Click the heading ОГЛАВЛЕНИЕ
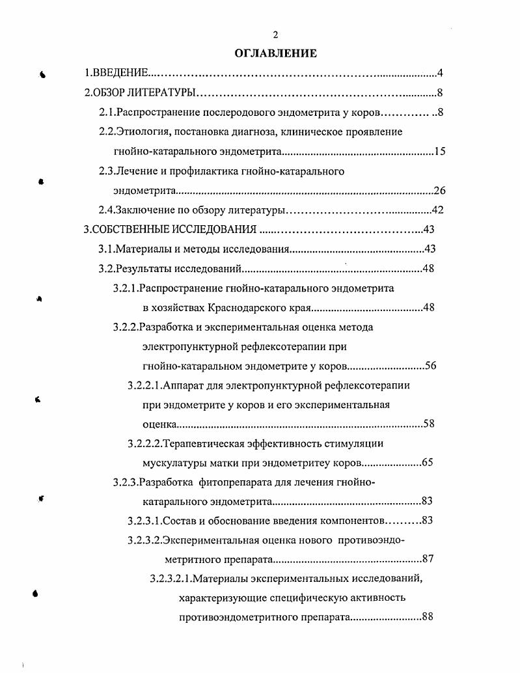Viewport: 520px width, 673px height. click(275, 53)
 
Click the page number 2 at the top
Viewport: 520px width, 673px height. click(275, 34)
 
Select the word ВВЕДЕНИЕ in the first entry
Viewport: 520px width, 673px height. click(121, 73)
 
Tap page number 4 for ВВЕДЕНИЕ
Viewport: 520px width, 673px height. click(440, 73)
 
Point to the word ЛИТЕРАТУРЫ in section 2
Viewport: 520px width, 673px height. click(162, 92)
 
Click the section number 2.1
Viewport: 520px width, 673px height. click(106, 112)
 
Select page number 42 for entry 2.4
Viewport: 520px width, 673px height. click(437, 210)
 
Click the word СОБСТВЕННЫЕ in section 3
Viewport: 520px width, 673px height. click(130, 229)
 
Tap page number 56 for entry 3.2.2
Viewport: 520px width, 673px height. click(430, 365)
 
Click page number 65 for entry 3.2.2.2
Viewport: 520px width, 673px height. click(427, 463)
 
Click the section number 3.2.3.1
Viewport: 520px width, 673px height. click(143, 520)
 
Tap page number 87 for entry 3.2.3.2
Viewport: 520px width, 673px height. click(428, 558)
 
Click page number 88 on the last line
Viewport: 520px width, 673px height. click(427, 617)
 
